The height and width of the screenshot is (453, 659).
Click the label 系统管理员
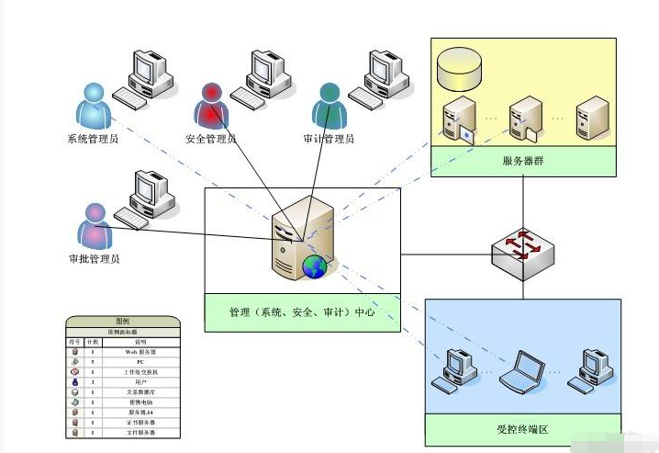click(94, 140)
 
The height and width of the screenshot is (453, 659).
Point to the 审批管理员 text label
click(94, 259)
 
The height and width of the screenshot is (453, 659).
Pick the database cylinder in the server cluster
click(458, 63)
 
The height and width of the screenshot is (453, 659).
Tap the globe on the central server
click(315, 267)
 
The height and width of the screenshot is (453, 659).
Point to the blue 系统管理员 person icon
click(94, 106)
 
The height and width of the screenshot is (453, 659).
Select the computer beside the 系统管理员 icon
click(145, 78)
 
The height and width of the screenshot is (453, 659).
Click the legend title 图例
click(122, 321)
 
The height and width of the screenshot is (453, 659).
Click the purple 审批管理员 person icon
click(94, 225)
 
